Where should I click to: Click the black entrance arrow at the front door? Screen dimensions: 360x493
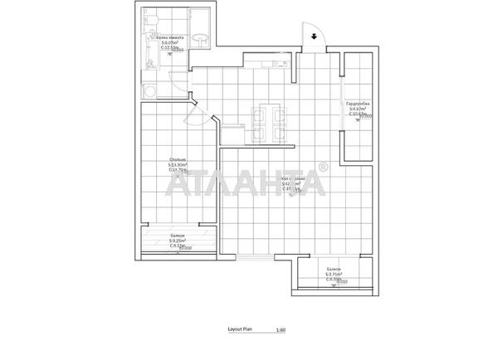315,36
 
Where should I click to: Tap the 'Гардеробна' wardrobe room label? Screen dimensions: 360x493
359,104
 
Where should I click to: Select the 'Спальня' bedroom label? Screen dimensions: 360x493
178,159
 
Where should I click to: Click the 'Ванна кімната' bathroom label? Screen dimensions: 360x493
170,38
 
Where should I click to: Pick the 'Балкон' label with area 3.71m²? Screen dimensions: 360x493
334,269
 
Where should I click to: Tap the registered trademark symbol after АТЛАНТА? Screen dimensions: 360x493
323,168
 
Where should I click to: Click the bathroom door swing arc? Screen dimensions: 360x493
181,82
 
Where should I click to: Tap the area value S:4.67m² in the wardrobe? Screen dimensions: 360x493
359,109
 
